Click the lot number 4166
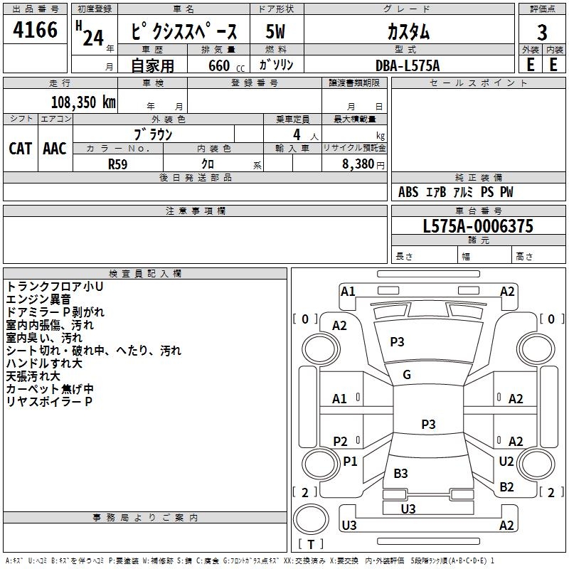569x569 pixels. (35, 29)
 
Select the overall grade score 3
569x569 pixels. (542, 32)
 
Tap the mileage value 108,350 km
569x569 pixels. (83, 102)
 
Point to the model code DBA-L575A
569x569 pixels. (408, 65)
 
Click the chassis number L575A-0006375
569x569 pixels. (478, 226)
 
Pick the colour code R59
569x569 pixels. (117, 164)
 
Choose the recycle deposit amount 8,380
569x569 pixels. (358, 164)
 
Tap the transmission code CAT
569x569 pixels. (20, 149)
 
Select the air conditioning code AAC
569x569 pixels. (55, 149)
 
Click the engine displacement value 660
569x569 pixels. (219, 65)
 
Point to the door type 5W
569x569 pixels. (275, 31)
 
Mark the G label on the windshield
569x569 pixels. (407, 374)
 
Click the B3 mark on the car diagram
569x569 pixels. (400, 473)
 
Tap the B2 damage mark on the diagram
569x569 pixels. (506, 486)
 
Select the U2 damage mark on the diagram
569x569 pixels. (506, 461)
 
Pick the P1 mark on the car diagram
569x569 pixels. (350, 461)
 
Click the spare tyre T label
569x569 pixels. (311, 544)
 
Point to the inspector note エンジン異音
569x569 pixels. (38, 299)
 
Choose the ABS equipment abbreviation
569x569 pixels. (408, 192)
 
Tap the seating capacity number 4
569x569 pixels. (297, 134)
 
